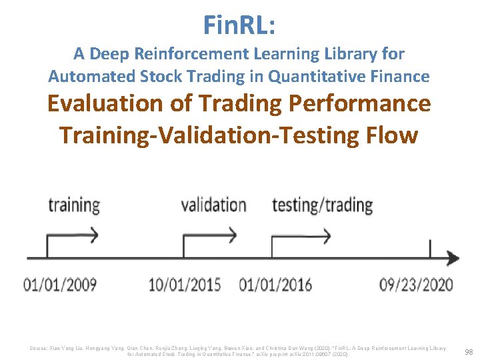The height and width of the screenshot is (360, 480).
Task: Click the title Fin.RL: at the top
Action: point(239,26)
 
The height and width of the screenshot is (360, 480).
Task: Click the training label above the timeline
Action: point(73,205)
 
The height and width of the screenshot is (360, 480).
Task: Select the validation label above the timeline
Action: point(213,205)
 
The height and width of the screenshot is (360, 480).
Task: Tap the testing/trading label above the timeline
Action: point(322,205)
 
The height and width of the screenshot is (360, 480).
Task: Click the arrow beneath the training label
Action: point(72,235)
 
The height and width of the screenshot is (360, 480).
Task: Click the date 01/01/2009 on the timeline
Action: point(60,285)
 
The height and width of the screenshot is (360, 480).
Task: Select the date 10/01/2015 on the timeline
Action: point(185,285)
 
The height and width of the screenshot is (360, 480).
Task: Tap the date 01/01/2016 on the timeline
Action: point(275,285)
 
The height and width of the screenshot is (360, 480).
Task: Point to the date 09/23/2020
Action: point(416,285)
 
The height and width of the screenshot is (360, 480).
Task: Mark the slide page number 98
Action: point(468,351)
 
